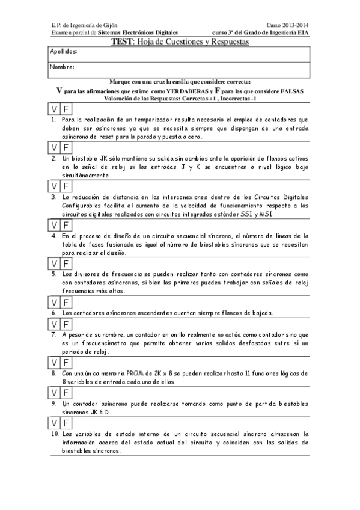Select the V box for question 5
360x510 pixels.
[53, 263]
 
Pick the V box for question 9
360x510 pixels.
[53, 392]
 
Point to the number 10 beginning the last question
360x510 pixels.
[55, 432]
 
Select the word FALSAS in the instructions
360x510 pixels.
[290, 90]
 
